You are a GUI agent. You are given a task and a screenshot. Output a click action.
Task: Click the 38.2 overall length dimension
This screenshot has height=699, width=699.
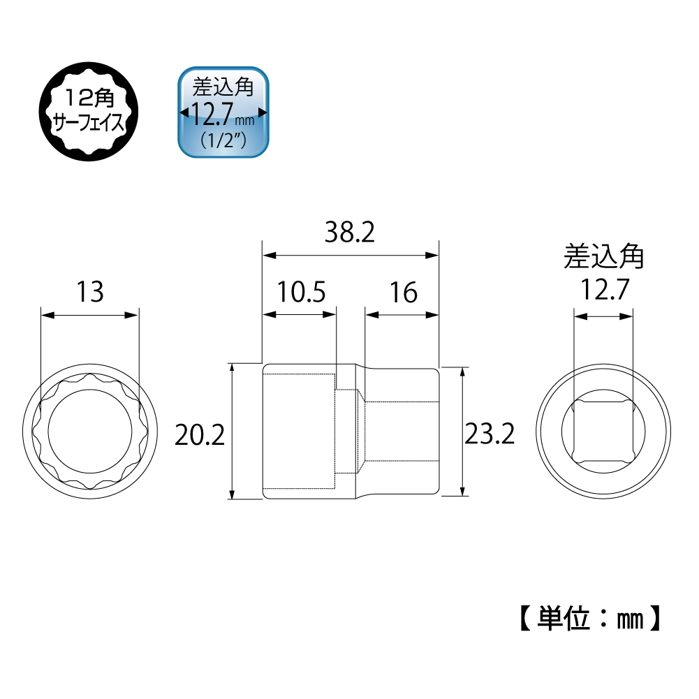[x=349, y=233]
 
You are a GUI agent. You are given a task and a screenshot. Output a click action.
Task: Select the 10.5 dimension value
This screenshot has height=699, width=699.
[x=300, y=292]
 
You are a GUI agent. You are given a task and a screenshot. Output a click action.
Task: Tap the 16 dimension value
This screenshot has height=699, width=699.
[x=403, y=292]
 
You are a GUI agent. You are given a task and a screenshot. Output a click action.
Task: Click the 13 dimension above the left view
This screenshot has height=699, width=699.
[x=90, y=292]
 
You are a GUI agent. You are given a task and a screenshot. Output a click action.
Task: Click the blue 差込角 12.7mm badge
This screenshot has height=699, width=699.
[x=223, y=112]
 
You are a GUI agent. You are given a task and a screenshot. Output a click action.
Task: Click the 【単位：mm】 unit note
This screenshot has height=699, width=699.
[x=588, y=618]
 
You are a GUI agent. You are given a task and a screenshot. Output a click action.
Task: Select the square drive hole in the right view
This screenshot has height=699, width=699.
[x=603, y=431]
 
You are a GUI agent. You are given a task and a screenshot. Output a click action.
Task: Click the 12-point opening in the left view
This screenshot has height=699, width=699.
[x=89, y=431]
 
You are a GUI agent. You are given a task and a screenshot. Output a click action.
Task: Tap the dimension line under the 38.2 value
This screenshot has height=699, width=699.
[x=350, y=256]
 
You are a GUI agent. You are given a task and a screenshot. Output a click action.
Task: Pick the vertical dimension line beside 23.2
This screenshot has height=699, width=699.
[x=462, y=431]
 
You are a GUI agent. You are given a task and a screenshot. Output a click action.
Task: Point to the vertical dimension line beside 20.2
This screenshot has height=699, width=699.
[x=231, y=431]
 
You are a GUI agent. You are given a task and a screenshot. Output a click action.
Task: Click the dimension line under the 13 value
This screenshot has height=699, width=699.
[x=89, y=316]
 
